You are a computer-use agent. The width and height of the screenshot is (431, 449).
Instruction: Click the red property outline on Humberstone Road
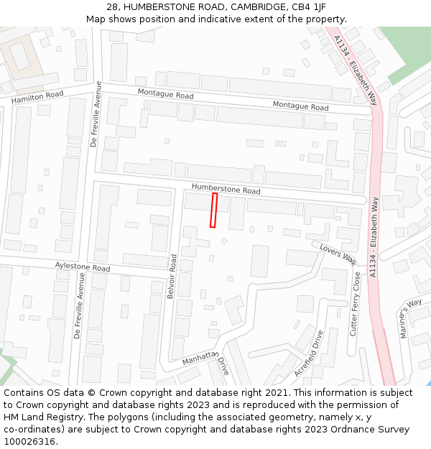213,210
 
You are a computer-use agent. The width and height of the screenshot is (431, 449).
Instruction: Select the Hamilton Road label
37,97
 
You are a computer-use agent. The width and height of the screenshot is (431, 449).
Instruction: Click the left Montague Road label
165,95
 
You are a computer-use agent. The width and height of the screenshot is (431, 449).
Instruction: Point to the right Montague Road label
300,106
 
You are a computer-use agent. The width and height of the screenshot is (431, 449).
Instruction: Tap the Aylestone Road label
83,267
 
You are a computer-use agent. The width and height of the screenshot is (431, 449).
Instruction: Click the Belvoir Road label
172,277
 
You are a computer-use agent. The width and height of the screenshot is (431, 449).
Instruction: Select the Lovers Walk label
338,253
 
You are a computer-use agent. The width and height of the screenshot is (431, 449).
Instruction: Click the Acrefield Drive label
310,353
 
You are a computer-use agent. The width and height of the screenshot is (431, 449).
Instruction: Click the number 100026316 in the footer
29,441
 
